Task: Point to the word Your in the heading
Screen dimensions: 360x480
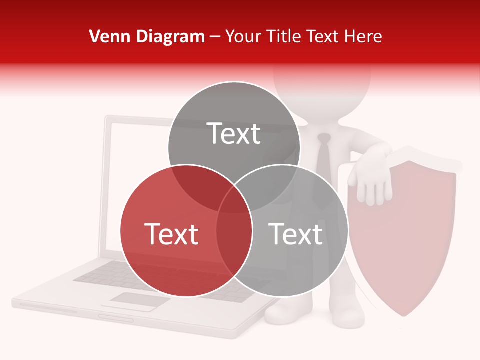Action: point(243,36)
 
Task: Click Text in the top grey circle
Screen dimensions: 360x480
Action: point(234,133)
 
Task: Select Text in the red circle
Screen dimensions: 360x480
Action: point(171,234)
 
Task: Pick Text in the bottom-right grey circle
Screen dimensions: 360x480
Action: point(295,234)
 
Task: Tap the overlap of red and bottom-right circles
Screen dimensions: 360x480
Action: point(234,232)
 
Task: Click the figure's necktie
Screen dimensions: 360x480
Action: point(323,155)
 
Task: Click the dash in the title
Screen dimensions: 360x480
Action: point(215,37)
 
